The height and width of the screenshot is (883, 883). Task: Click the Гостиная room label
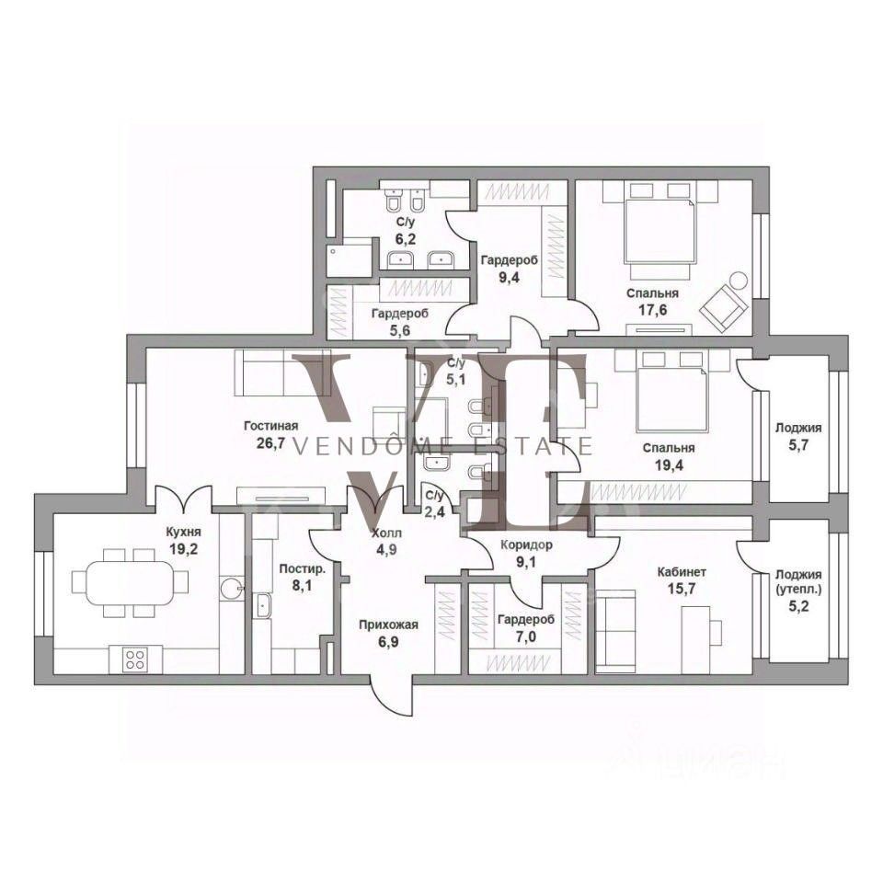(x=270, y=426)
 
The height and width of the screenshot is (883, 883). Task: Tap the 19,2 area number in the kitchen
(x=184, y=550)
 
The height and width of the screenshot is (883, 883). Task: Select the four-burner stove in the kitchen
(x=135, y=659)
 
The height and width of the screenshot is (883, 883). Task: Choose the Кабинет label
(x=682, y=573)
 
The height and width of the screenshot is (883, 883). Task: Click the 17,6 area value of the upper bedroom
(x=653, y=310)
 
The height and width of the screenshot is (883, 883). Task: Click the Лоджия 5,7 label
(x=798, y=436)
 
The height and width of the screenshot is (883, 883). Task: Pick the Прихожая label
(x=388, y=625)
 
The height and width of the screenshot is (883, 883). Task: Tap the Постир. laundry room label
(x=303, y=568)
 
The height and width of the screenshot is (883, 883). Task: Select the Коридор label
(x=526, y=545)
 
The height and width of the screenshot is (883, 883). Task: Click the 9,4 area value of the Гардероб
(x=509, y=277)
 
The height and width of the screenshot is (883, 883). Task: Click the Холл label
(x=386, y=533)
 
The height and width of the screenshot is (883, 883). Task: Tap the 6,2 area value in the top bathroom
(x=405, y=239)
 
